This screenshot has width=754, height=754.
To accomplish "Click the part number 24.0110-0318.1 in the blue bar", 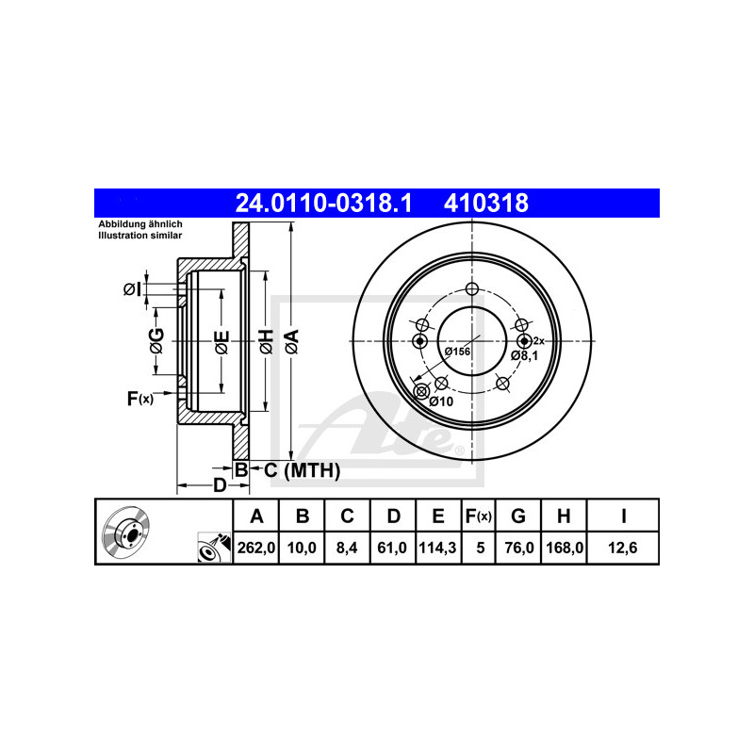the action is tap(323, 203).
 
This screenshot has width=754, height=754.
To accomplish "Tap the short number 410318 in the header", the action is tap(485, 203).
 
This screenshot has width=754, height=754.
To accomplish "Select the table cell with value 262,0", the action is tap(255, 548).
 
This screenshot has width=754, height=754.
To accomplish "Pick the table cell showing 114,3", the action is tap(438, 548).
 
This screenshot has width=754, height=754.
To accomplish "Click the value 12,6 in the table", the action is tap(623, 548).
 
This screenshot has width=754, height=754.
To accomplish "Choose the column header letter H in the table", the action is tap(564, 516).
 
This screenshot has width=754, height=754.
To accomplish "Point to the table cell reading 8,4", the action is tap(347, 548).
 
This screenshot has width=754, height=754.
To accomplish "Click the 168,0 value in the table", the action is tap(564, 548).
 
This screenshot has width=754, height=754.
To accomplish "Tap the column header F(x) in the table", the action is tap(479, 516).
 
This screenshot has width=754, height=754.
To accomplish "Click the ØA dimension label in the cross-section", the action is tap(292, 342).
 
